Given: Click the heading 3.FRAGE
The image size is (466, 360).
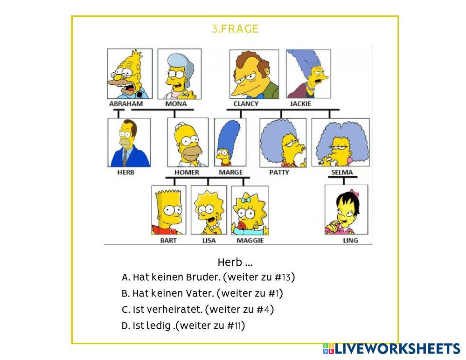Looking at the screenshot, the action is (235, 29).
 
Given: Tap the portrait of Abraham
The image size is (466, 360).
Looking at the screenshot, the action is (129, 74).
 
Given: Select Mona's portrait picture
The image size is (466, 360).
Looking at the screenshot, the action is (179, 74).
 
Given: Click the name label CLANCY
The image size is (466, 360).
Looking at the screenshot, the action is (246, 104).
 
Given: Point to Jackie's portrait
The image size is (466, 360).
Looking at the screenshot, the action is (308, 74).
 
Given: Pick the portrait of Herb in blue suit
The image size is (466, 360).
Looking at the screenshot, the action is (129, 143).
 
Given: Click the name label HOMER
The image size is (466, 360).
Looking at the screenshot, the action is (187, 172).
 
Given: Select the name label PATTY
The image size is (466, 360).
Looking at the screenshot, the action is (279, 172).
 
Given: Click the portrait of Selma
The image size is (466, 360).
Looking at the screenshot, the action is (340, 143).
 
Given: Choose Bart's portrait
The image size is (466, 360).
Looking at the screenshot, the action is (168, 210).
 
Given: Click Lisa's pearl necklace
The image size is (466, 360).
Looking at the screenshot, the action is (213, 227).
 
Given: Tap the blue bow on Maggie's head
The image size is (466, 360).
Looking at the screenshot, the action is (246, 200).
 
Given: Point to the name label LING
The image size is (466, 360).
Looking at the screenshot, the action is (350, 241).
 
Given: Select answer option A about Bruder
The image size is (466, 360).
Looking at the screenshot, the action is (208, 277).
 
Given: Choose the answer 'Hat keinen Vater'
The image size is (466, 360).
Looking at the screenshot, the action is (202, 293).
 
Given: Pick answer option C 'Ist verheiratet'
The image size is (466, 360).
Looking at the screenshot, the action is (197, 309).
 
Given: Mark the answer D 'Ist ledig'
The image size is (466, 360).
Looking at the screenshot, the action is (183, 325).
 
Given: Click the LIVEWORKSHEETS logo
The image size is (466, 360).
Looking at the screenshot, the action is (391, 349).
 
